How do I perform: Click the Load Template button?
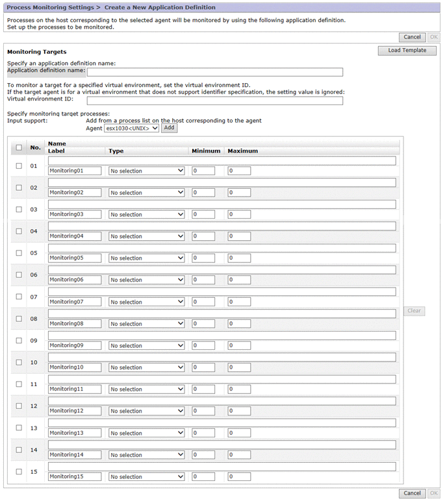(407, 51)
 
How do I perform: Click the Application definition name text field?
(220, 72)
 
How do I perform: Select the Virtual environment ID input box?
(214, 101)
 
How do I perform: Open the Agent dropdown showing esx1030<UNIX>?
(131, 129)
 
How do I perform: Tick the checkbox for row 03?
(19, 210)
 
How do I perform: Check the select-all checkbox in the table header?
(19, 147)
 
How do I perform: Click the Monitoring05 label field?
(75, 258)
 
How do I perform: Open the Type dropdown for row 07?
(147, 302)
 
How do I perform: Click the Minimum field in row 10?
(203, 367)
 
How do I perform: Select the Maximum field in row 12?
(239, 411)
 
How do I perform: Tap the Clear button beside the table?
(414, 311)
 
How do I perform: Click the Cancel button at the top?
(412, 37)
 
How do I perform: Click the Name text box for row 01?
(222, 160)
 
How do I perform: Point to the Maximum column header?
(243, 151)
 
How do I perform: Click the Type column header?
(116, 151)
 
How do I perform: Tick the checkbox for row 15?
(19, 472)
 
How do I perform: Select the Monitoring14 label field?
(75, 455)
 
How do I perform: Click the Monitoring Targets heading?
(36, 51)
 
